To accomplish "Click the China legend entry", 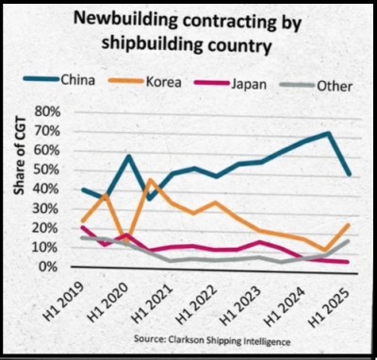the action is [58, 80].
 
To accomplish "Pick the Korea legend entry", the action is [145, 82].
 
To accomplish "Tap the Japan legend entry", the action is [231, 84].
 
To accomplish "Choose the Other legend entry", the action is [317, 86].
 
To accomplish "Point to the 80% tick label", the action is [48, 112].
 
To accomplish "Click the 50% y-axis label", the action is [47, 170].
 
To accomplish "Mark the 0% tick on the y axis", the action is [51, 267].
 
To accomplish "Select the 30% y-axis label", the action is [47, 208].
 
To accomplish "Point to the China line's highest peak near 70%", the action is [328, 133].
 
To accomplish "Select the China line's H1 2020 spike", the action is [128, 156].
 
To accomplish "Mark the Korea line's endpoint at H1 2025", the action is [350, 225].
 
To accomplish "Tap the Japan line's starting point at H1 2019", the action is [82, 227].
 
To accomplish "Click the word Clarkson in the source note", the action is [184, 339].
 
